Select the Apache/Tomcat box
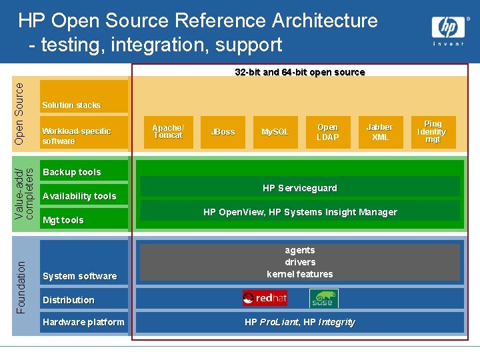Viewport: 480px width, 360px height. click(x=168, y=131)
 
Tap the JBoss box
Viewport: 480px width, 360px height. click(x=223, y=132)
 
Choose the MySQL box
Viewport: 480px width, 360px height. click(x=275, y=132)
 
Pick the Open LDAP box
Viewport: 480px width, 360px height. click(x=327, y=132)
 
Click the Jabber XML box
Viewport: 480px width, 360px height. click(x=380, y=132)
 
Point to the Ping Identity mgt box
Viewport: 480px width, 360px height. click(x=433, y=132)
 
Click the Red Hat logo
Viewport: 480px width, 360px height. click(x=265, y=299)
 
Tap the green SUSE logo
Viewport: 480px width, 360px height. click(x=324, y=299)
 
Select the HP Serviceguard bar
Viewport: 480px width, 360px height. click(x=299, y=188)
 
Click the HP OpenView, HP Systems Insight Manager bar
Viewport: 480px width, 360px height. click(x=299, y=212)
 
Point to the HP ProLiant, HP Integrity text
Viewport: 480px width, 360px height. click(x=299, y=322)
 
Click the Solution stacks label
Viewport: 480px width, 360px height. click(x=71, y=105)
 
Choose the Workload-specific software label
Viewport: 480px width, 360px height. click(x=76, y=136)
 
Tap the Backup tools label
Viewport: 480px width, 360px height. click(x=72, y=172)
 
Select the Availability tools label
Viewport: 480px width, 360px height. click(x=79, y=196)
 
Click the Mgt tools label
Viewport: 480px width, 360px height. click(x=63, y=220)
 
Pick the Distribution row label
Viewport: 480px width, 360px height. click(x=69, y=300)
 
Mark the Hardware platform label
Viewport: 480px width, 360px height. click(x=83, y=322)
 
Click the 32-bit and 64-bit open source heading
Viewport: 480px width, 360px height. click(x=299, y=72)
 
